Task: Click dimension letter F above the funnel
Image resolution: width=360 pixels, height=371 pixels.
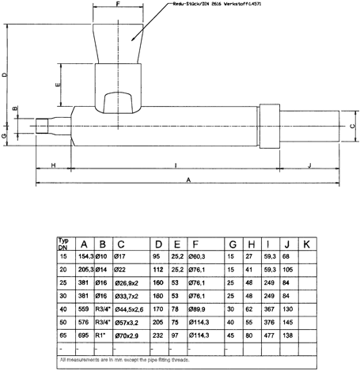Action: (x=117, y=5)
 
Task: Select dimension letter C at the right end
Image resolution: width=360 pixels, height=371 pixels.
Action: (x=352, y=125)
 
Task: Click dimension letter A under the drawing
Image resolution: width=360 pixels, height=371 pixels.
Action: (x=188, y=180)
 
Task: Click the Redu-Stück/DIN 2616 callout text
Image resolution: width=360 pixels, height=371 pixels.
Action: (x=225, y=5)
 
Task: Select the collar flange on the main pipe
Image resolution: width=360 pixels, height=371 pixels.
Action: (x=271, y=127)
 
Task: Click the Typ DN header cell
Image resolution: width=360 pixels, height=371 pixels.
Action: (x=65, y=244)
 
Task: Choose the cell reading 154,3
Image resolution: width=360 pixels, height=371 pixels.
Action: (x=85, y=257)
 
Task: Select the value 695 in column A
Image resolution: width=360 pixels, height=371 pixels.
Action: (x=83, y=337)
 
